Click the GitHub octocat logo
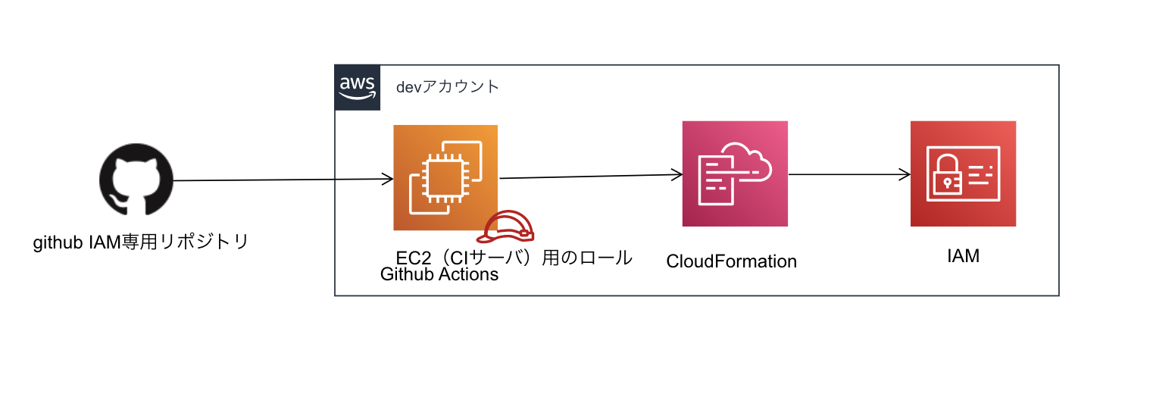coord(136,181)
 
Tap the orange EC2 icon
coord(445,177)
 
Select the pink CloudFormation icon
coord(735,173)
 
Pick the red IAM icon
coord(963,173)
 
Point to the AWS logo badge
coord(357,88)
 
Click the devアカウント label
coord(448,87)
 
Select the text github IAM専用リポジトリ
coord(141,243)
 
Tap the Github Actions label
coord(439,274)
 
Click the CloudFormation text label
coord(731,261)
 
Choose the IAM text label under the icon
coord(963,256)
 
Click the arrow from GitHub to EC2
coord(280,180)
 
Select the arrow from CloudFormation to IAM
coord(848,174)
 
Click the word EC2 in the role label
coord(414,258)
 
